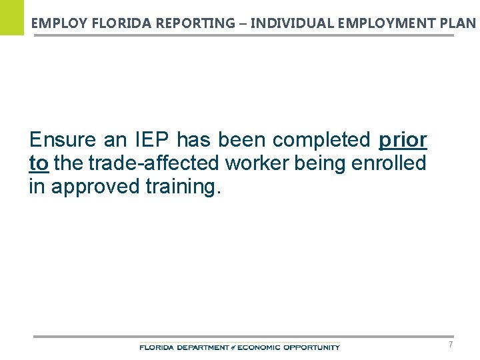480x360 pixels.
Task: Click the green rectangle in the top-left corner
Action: click(x=11, y=17)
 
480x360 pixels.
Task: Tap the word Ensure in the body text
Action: click(x=63, y=141)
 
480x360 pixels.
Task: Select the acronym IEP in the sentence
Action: click(x=153, y=141)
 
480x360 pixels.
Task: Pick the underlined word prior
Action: click(x=403, y=141)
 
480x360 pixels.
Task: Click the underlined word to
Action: click(x=39, y=163)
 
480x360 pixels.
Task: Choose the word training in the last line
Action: click(x=181, y=187)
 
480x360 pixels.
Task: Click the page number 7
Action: click(x=451, y=345)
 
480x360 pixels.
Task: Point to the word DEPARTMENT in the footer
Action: click(x=201, y=347)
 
